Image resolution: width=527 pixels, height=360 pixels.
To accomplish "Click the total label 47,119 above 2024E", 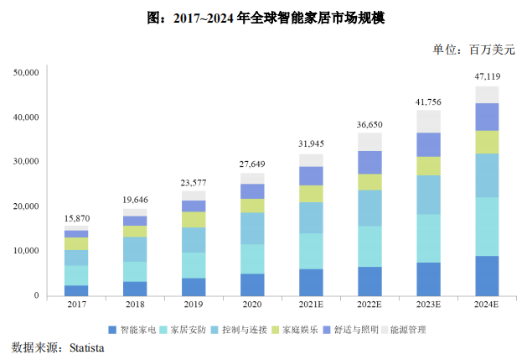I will click(x=487, y=77).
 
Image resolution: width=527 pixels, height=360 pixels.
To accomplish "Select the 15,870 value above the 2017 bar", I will click(x=76, y=218).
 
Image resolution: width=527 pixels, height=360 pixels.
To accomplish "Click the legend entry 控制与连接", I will click(x=243, y=330).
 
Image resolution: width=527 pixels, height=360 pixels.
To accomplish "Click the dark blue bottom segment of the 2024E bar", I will click(x=487, y=275).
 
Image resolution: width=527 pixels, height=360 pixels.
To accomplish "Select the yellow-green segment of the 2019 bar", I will click(x=194, y=219).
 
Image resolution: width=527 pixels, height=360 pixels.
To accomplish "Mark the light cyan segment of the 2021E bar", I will click(x=311, y=251).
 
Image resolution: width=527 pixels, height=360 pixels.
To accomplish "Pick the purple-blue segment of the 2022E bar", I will click(x=369, y=162).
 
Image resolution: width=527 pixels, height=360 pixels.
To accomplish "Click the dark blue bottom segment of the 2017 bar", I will click(x=76, y=290).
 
